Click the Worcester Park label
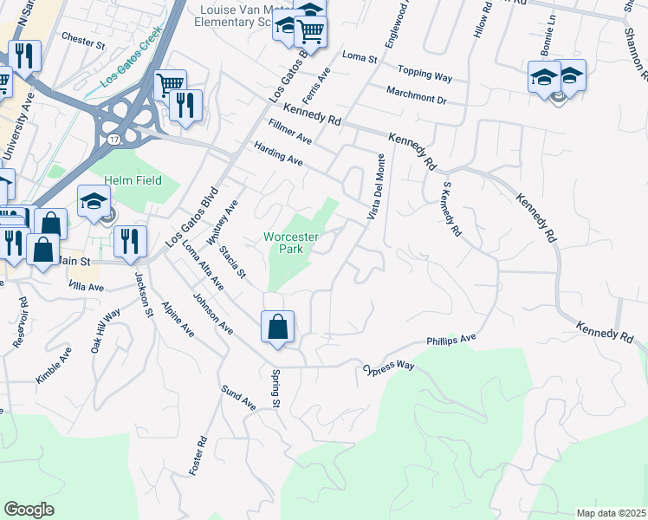pyautogui.click(x=291, y=242)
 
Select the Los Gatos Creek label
pyautogui.click(x=131, y=67)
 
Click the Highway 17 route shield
pyautogui.click(x=114, y=137)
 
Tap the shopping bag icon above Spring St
pyautogui.click(x=277, y=328)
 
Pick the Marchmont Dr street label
pyautogui.click(x=416, y=96)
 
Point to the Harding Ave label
pyautogui.click(x=277, y=155)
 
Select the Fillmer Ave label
pyautogui.click(x=290, y=132)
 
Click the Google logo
pyautogui.click(x=29, y=510)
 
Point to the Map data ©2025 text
pyautogui.click(x=611, y=513)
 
